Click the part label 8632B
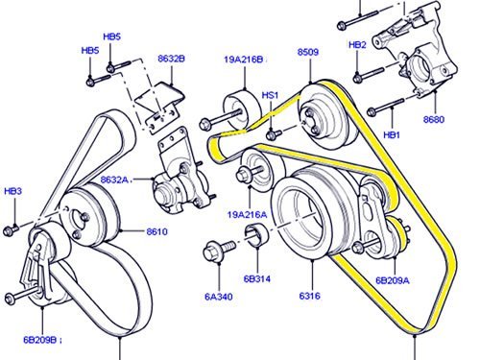pyautogui.click(x=171, y=59)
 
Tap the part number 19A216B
pyautogui.click(x=244, y=60)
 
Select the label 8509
pyautogui.click(x=308, y=52)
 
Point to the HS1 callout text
pyautogui.click(x=270, y=95)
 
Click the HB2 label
pyautogui.click(x=357, y=45)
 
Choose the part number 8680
pyautogui.click(x=434, y=119)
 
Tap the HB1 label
pyautogui.click(x=392, y=135)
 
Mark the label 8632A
pyautogui.click(x=116, y=180)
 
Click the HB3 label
pyautogui.click(x=13, y=191)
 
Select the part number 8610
pyautogui.click(x=156, y=231)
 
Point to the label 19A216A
pyautogui.click(x=247, y=214)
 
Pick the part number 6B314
pyautogui.click(x=257, y=278)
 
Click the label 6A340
pyautogui.click(x=219, y=297)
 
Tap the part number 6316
pyautogui.click(x=309, y=296)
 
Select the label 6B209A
pyautogui.click(x=393, y=280)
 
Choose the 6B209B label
pyautogui.click(x=41, y=340)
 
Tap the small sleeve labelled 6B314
pyautogui.click(x=257, y=236)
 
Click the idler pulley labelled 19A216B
pyautogui.click(x=242, y=108)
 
